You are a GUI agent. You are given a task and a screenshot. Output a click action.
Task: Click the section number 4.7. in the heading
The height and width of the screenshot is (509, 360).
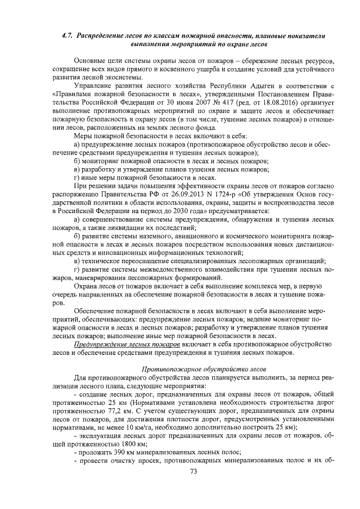67,35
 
